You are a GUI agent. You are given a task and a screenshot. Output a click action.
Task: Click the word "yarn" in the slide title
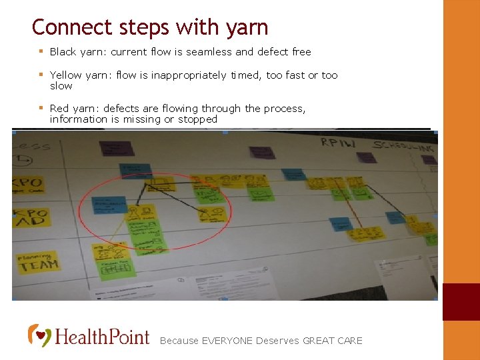pos(247,27)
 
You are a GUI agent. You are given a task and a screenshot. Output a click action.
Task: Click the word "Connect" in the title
pos(63,27)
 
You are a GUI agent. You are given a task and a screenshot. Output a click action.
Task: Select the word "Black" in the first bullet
pos(63,51)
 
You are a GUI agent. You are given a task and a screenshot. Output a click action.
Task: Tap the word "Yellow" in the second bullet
pos(65,75)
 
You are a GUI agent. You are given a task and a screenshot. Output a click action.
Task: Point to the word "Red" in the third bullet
pos(59,109)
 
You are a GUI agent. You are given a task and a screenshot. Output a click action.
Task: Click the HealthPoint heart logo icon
pos(39,335)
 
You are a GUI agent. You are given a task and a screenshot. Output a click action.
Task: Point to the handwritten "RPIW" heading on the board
pos(339,142)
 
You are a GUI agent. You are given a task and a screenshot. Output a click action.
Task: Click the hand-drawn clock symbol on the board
pos(25,160)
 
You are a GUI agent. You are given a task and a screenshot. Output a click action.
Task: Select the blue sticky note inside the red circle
pos(111,204)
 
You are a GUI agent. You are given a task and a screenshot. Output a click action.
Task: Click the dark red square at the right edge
pos(461,302)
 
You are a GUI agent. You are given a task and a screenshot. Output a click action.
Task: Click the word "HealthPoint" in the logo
pos(102,336)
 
